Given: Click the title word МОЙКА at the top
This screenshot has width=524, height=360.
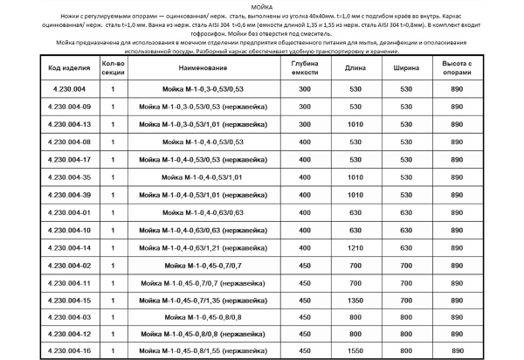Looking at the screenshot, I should (x=261, y=6).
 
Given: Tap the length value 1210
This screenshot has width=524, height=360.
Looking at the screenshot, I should (x=355, y=247).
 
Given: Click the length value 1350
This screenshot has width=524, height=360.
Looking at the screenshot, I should (x=355, y=300).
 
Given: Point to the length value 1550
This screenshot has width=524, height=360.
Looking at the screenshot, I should (x=355, y=352).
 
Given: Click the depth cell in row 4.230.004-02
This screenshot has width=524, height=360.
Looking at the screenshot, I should (x=304, y=265).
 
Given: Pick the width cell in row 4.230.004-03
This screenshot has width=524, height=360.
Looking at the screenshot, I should (x=404, y=317).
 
